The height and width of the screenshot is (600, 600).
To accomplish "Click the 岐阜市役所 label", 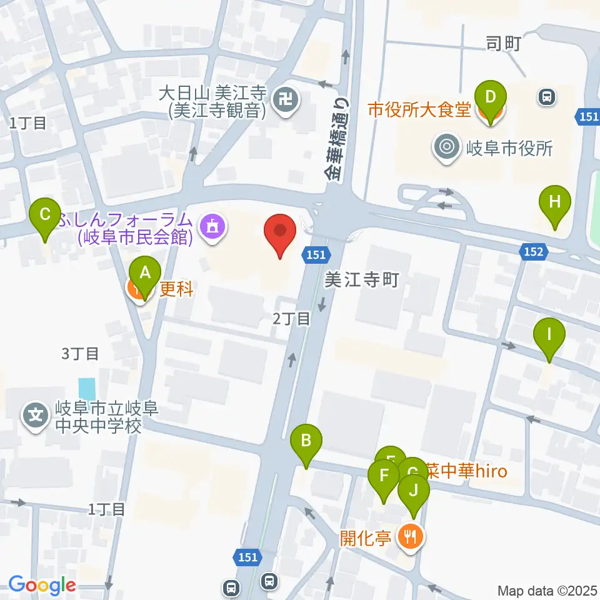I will [x=509, y=148].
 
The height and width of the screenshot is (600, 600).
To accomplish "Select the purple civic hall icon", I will [x=212, y=226].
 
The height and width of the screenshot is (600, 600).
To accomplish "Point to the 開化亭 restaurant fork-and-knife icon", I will [x=410, y=536].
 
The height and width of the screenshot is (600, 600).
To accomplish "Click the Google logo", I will [x=42, y=585].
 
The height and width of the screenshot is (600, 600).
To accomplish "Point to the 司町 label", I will [x=503, y=43].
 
